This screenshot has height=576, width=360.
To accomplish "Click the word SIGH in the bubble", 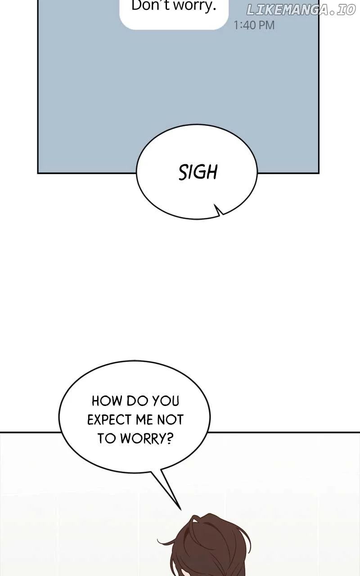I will click(198, 172).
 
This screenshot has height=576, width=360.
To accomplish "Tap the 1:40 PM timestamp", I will click(254, 25).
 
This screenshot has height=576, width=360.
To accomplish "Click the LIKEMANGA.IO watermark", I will click(301, 10).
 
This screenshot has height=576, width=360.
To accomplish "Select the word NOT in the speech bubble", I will click(170, 420).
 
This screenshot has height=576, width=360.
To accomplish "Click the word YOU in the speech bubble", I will click(166, 400).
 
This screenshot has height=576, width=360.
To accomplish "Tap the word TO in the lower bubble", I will click(107, 439).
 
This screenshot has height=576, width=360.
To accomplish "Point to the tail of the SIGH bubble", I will click(219, 210).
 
